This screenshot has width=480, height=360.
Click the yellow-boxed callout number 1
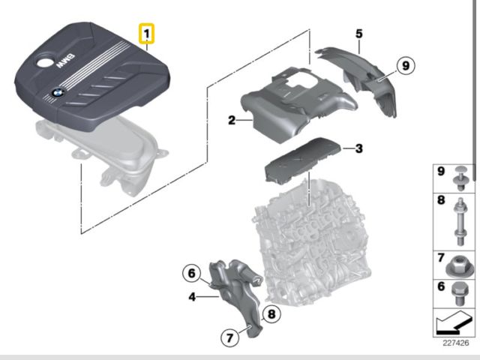147,33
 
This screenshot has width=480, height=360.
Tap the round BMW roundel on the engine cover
57,92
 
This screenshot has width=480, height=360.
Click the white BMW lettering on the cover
65,61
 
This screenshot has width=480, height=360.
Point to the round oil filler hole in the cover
45,62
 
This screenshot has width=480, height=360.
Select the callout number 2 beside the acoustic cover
232,120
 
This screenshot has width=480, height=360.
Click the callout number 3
358,148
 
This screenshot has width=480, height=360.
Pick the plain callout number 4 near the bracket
192,297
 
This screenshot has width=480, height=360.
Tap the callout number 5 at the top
358,33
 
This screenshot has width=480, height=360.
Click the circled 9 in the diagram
406,65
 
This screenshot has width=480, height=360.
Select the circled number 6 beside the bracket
192,273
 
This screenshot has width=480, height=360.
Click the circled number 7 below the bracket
230,338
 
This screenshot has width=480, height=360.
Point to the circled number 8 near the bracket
271,313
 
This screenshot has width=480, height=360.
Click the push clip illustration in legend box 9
460,178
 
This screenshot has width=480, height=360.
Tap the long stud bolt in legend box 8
460,222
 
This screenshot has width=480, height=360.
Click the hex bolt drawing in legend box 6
458,293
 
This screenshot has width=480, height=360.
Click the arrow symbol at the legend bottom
454,322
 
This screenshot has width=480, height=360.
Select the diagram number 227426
455,343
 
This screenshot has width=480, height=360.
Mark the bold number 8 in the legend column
441,200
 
